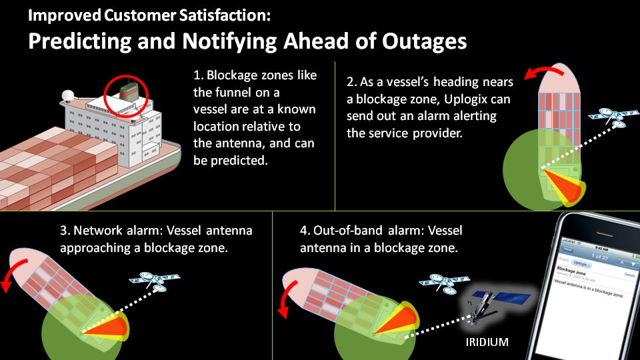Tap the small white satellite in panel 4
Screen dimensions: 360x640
click(x=436, y=283)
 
